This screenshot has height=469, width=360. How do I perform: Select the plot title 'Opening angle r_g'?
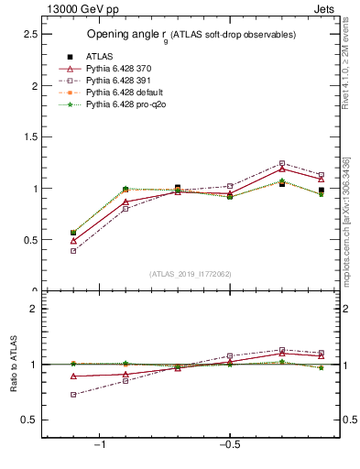click(x=191, y=35)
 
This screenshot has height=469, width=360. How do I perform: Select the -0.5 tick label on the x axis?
click(x=228, y=444)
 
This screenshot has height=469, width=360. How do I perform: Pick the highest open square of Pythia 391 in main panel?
click(x=282, y=163)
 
